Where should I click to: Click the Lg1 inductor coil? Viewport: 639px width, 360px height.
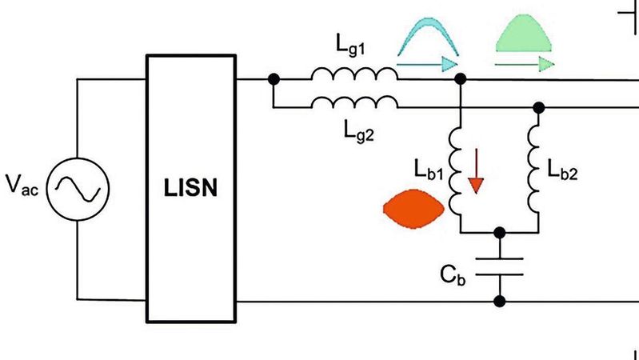tap(354, 74)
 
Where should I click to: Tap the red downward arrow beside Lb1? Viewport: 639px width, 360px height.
tap(477, 174)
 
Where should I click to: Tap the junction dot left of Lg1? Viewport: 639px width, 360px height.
tap(274, 79)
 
